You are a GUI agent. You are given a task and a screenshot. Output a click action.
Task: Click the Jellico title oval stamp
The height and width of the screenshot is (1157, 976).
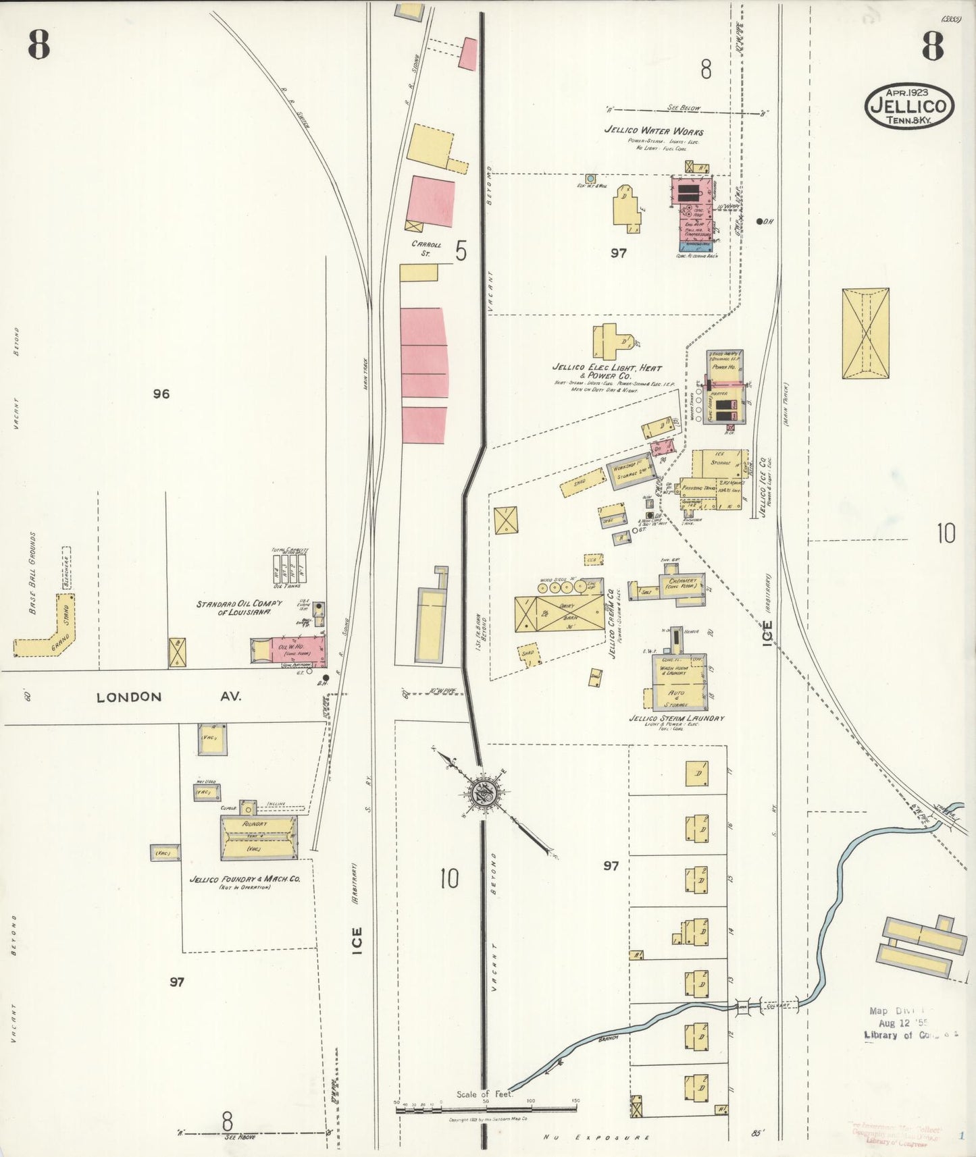[909, 105]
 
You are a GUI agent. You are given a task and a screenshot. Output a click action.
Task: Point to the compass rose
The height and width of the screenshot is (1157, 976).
[484, 794]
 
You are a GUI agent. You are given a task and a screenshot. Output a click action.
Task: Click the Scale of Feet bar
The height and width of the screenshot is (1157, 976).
[486, 1107]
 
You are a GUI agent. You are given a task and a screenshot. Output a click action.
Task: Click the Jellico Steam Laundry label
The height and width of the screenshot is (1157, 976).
[676, 718]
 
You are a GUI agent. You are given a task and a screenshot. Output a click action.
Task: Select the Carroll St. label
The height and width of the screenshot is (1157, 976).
[426, 248]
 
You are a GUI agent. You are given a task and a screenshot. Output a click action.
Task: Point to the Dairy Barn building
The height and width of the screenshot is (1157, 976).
[560, 613]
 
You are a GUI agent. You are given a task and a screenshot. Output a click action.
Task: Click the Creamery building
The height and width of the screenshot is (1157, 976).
[681, 584]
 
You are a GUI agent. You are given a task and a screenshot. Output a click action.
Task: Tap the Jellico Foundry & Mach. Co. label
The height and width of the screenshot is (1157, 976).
[245, 880]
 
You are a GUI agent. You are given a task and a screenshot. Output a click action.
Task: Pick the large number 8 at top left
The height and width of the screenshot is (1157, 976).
[39, 46]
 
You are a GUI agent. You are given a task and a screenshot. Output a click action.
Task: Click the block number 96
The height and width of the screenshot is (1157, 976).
[161, 394]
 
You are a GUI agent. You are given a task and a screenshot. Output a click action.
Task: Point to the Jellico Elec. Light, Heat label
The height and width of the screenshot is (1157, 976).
[607, 371]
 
